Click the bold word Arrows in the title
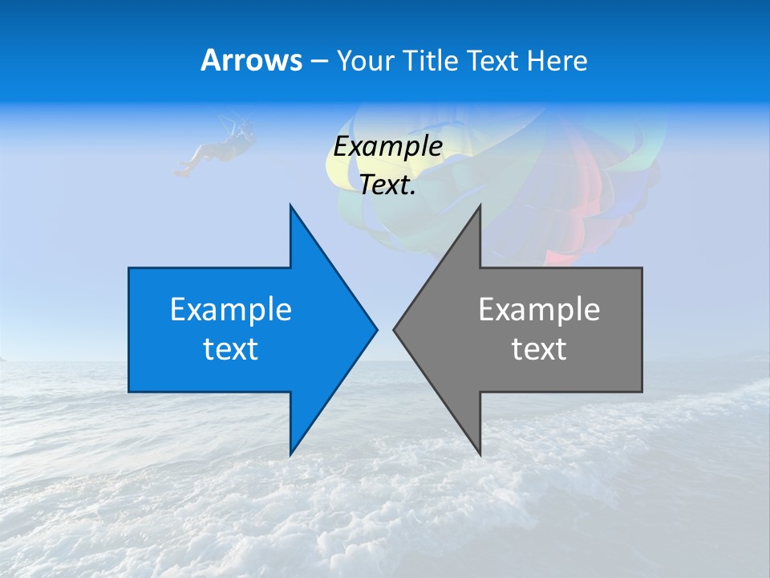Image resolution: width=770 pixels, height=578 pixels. (x=250, y=60)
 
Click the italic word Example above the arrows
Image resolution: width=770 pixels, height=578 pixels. (x=387, y=146)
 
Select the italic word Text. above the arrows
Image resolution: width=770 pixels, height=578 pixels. (x=387, y=185)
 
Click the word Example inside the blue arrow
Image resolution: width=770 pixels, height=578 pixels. (x=231, y=309)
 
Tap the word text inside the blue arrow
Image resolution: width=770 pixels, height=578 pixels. (x=231, y=349)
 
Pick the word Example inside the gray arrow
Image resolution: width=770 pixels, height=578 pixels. (x=539, y=309)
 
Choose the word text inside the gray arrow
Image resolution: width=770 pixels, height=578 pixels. (x=539, y=349)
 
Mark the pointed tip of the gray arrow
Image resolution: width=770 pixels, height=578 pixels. (x=395, y=328)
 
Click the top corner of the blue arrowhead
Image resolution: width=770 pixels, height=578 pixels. (x=290, y=206)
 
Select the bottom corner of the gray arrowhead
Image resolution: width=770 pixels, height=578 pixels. (x=480, y=454)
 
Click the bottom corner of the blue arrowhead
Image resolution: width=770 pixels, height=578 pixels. (x=290, y=454)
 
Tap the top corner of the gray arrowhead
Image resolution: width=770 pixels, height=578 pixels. (x=480, y=206)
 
